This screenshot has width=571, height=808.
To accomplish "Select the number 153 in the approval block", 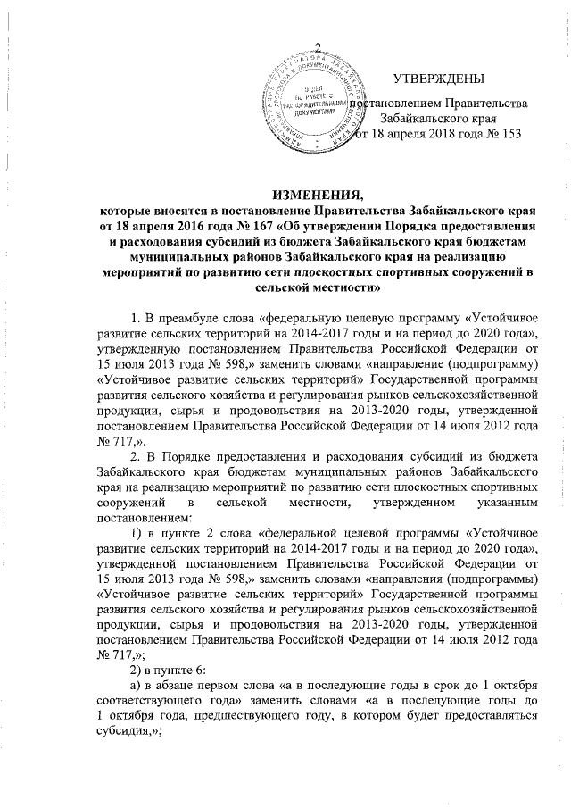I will [x=507, y=134].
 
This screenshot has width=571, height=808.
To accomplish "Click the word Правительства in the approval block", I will [x=485, y=104].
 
